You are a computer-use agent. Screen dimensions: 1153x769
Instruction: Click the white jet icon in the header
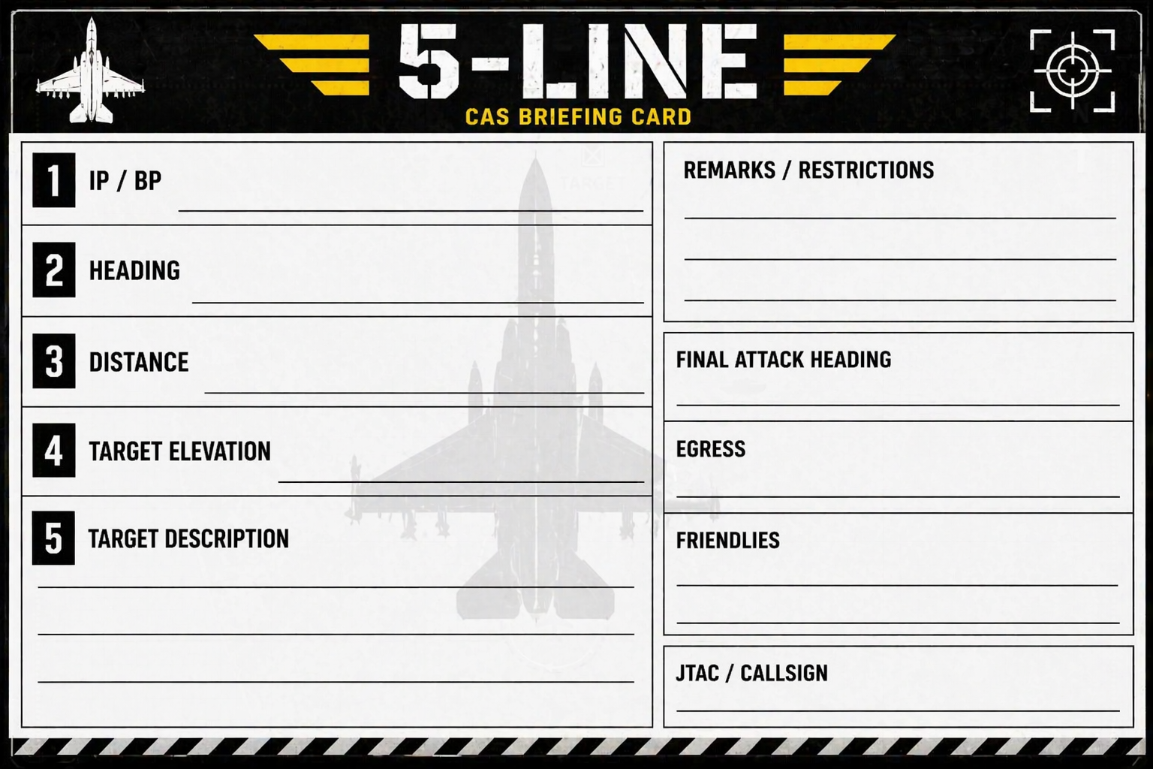coord(91,71)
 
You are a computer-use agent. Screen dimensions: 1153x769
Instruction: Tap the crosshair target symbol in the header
coord(1073,71)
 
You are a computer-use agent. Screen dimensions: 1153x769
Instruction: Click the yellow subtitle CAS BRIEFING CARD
coord(578,117)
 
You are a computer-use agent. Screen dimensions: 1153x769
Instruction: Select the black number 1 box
coord(54,180)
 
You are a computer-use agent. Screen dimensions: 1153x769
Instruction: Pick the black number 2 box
coord(54,270)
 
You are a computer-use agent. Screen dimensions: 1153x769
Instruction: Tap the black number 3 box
coord(54,360)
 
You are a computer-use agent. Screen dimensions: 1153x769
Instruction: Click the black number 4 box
coord(54,451)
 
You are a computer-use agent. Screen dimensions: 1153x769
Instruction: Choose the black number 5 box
coord(53,538)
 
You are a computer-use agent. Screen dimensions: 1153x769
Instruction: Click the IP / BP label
coord(125,181)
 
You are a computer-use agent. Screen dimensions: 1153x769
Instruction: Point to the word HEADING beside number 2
coord(134,270)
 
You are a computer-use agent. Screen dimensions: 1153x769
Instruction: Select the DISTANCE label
coord(138,361)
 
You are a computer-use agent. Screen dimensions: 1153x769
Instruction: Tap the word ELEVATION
coord(219,451)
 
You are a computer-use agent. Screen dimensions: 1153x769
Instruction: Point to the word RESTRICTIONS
coord(866,170)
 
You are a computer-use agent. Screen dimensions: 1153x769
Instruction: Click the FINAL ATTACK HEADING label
coord(784,360)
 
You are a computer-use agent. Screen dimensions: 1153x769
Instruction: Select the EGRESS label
coord(710,448)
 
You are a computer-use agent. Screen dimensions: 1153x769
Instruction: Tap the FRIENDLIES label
coord(728,540)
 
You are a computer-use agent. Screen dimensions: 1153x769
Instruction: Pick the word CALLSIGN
coord(784,673)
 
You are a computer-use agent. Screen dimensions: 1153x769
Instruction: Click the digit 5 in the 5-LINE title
coord(429,61)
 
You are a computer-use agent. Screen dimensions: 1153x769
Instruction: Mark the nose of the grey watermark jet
coord(535,155)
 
